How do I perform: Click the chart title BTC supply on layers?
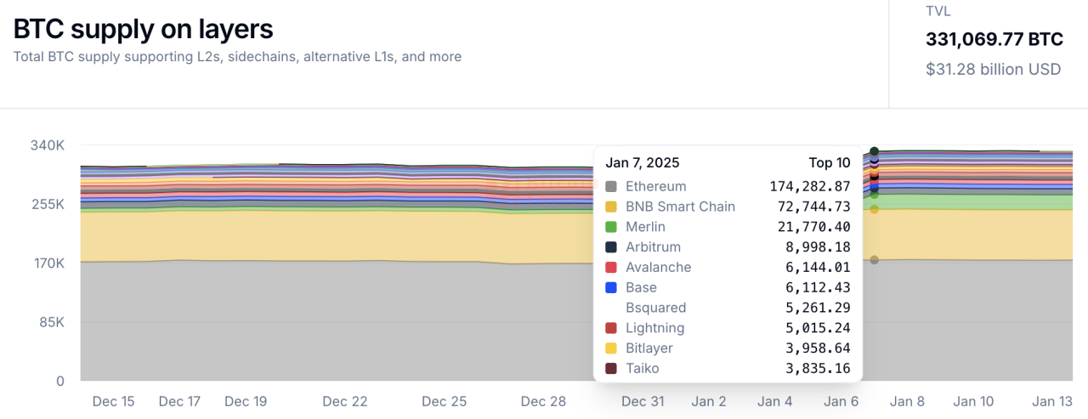pyautogui.click(x=143, y=29)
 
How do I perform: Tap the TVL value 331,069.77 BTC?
pyautogui.click(x=994, y=39)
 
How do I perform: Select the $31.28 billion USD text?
pyautogui.click(x=993, y=69)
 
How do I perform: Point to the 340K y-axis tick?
pyautogui.click(x=48, y=145)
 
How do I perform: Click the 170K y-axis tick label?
pyautogui.click(x=48, y=263)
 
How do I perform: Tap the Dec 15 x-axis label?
pyautogui.click(x=113, y=401)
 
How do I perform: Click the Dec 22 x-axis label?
pyautogui.click(x=345, y=401)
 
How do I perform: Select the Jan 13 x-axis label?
pyautogui.click(x=1051, y=401)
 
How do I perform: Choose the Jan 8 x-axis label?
pyautogui.click(x=908, y=401)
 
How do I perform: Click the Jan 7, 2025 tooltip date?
pyautogui.click(x=643, y=162)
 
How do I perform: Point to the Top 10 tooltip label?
pyautogui.click(x=830, y=162)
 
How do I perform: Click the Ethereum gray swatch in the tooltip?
pyautogui.click(x=610, y=186)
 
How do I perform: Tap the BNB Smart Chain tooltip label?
pyautogui.click(x=680, y=207)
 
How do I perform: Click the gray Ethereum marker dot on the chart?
pyautogui.click(x=874, y=260)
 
